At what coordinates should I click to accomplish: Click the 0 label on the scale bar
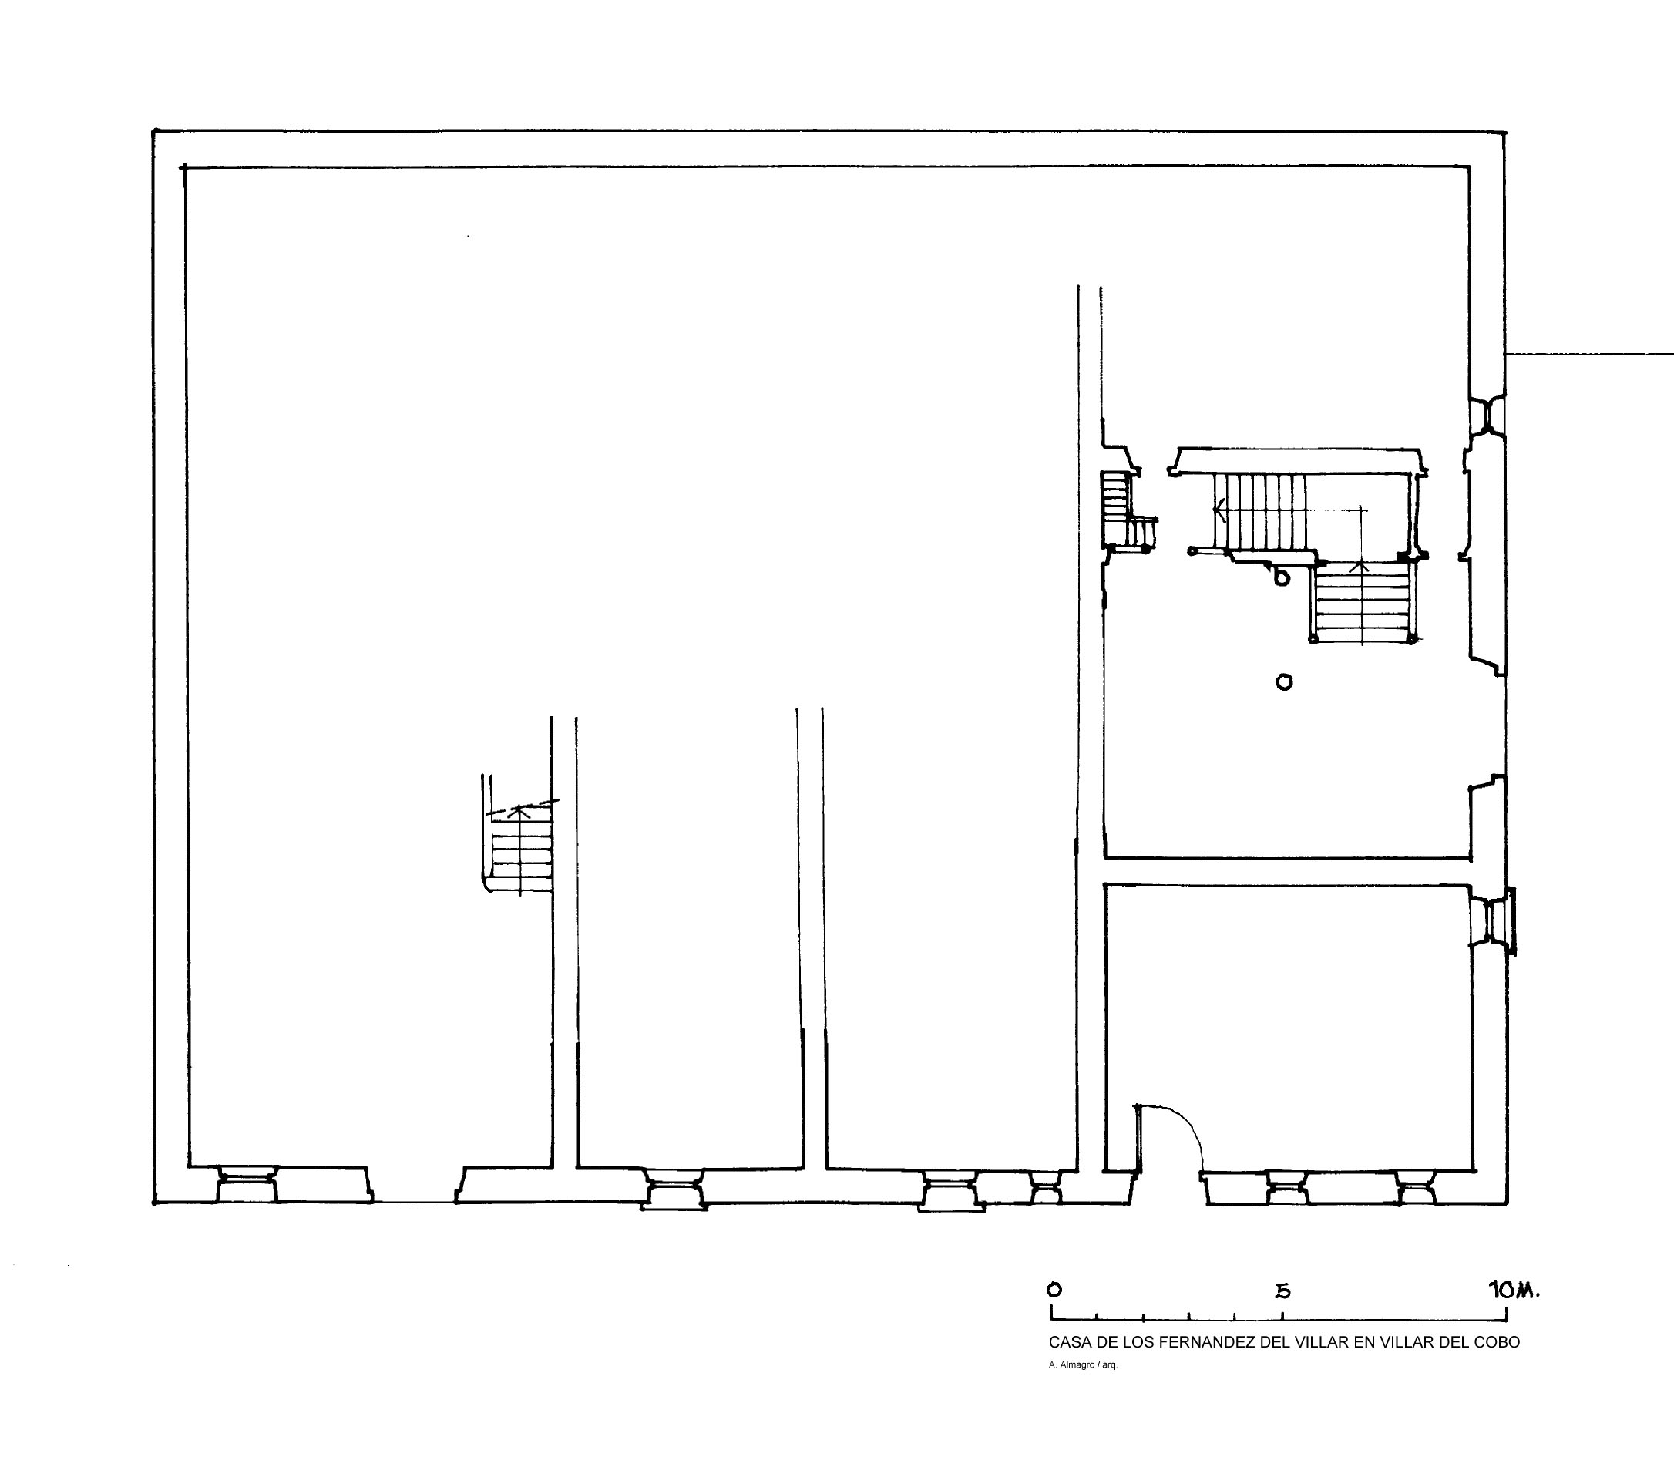1054,1290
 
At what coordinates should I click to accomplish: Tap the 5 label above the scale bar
1282,1291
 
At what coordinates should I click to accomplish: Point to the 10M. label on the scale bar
1514,1290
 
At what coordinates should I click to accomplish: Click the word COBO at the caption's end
1498,1342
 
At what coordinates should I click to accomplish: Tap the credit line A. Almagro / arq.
1083,1365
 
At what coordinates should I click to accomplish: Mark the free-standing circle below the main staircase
1284,681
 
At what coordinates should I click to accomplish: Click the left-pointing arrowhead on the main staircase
1219,510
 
